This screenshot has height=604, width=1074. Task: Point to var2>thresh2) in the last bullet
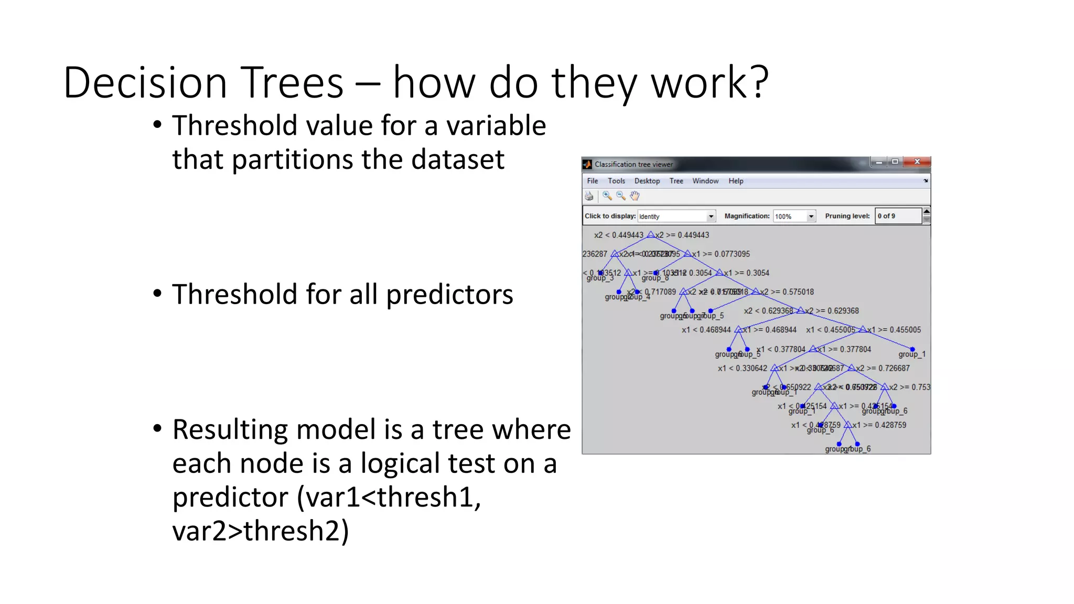261,531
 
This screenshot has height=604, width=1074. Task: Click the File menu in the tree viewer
593,181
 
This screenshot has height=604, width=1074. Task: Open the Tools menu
616,181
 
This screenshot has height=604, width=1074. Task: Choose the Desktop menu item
647,181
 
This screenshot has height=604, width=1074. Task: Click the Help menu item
735,181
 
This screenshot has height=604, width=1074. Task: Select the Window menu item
705,181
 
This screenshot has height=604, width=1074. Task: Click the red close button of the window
917,162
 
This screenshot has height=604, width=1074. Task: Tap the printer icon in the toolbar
589,196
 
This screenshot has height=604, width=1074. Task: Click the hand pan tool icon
635,196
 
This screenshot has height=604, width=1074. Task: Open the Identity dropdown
676,217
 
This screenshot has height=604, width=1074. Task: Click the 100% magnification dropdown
794,217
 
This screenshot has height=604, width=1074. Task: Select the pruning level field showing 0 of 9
898,216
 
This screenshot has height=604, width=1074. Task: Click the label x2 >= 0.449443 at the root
682,235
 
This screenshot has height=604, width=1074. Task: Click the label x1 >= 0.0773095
721,254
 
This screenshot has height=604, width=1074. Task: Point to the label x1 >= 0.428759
879,425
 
